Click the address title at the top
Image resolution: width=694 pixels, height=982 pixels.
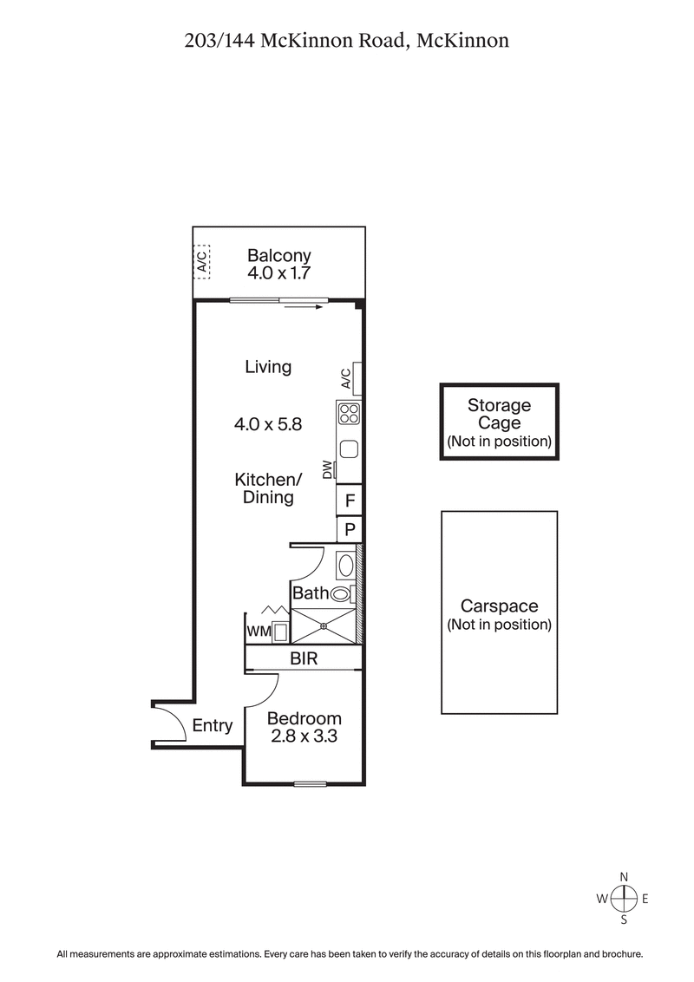click(x=346, y=40)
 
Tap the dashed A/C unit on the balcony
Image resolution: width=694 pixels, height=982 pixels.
click(x=201, y=260)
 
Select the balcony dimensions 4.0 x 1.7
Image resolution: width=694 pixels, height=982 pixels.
click(x=278, y=272)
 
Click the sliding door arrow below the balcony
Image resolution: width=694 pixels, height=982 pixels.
click(x=303, y=306)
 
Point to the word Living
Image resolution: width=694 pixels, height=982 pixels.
click(x=268, y=367)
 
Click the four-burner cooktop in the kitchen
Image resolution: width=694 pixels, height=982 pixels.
click(x=349, y=414)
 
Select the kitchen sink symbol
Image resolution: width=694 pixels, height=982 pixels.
click(x=349, y=449)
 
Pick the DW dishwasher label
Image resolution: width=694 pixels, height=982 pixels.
click(x=328, y=471)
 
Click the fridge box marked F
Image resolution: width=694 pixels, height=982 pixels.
click(x=350, y=501)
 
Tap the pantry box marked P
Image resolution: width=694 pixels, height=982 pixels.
click(x=350, y=528)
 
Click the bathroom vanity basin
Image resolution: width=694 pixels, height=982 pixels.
click(x=345, y=566)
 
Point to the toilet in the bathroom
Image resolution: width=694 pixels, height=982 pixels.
click(x=342, y=594)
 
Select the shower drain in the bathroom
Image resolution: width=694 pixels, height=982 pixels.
click(x=324, y=624)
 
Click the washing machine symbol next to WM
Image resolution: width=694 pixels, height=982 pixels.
click(x=280, y=632)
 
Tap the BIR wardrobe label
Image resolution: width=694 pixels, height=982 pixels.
click(x=304, y=659)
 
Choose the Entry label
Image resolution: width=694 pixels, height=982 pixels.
click(x=213, y=726)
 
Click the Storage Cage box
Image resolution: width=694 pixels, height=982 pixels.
click(x=499, y=422)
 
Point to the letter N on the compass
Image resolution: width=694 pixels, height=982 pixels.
click(x=624, y=877)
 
